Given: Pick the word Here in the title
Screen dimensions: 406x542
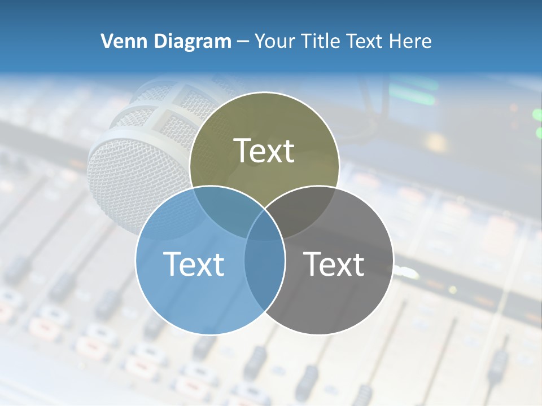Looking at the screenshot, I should (x=412, y=41).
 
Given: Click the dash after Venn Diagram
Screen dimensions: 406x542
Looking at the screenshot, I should (x=243, y=42).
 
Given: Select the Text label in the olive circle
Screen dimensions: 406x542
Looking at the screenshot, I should (x=264, y=151).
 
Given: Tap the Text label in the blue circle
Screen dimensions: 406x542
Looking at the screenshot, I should (x=194, y=263).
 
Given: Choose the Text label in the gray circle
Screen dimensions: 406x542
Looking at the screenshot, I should (x=334, y=263).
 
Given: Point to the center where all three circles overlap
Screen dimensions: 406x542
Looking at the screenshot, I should (x=264, y=226).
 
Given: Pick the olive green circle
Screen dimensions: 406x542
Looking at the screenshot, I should (x=264, y=124).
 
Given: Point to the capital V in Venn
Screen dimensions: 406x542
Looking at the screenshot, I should (x=106, y=41).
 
